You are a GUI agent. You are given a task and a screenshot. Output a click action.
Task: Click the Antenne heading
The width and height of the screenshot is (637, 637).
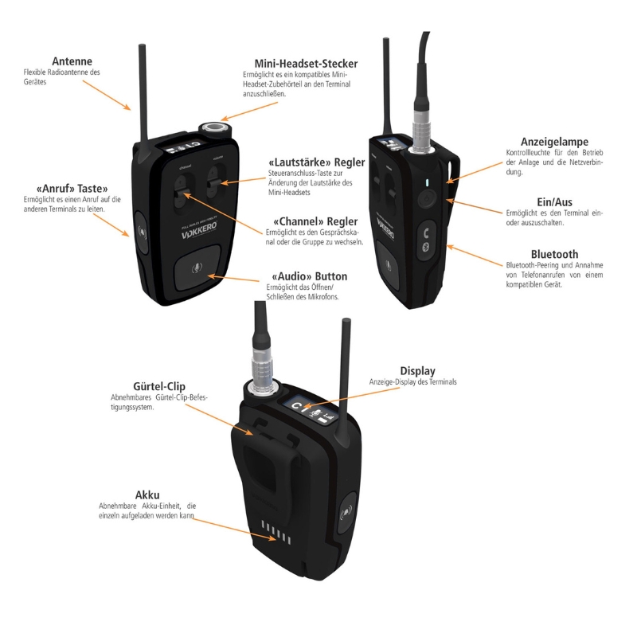click(72, 61)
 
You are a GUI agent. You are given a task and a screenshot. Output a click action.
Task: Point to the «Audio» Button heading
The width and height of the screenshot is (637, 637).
click(310, 276)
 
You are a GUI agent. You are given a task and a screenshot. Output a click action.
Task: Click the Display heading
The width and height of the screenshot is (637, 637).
click(417, 370)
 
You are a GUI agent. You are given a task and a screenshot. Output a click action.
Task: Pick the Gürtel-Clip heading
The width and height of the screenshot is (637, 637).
click(138, 385)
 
